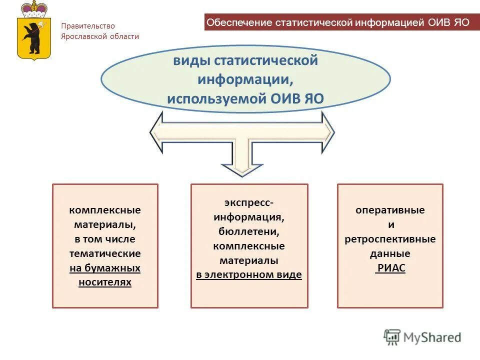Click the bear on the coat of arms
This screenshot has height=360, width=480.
pyautogui.click(x=34, y=37)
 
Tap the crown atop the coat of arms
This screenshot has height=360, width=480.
pyautogui.click(x=34, y=9)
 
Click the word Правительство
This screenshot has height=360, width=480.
pyautogui.click(x=88, y=26)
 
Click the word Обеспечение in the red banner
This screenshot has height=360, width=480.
pyautogui.click(x=239, y=23)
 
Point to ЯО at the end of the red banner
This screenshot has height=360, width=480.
pyautogui.click(x=461, y=23)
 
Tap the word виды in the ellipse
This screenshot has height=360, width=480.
pyautogui.click(x=191, y=61)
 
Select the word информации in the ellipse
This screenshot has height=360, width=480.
pyautogui.click(x=245, y=79)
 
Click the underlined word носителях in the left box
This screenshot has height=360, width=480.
pyautogui.click(x=105, y=282)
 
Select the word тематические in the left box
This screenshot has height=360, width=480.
pyautogui.click(x=105, y=253)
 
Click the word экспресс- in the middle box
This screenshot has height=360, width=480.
pyautogui.click(x=248, y=202)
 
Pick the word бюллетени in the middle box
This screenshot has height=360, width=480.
pyautogui.click(x=248, y=231)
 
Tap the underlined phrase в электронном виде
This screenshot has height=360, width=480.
pyautogui.click(x=248, y=275)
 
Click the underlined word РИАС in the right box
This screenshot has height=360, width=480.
pyautogui.click(x=390, y=268)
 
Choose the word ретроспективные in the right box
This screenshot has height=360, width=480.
pyautogui.click(x=390, y=239)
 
